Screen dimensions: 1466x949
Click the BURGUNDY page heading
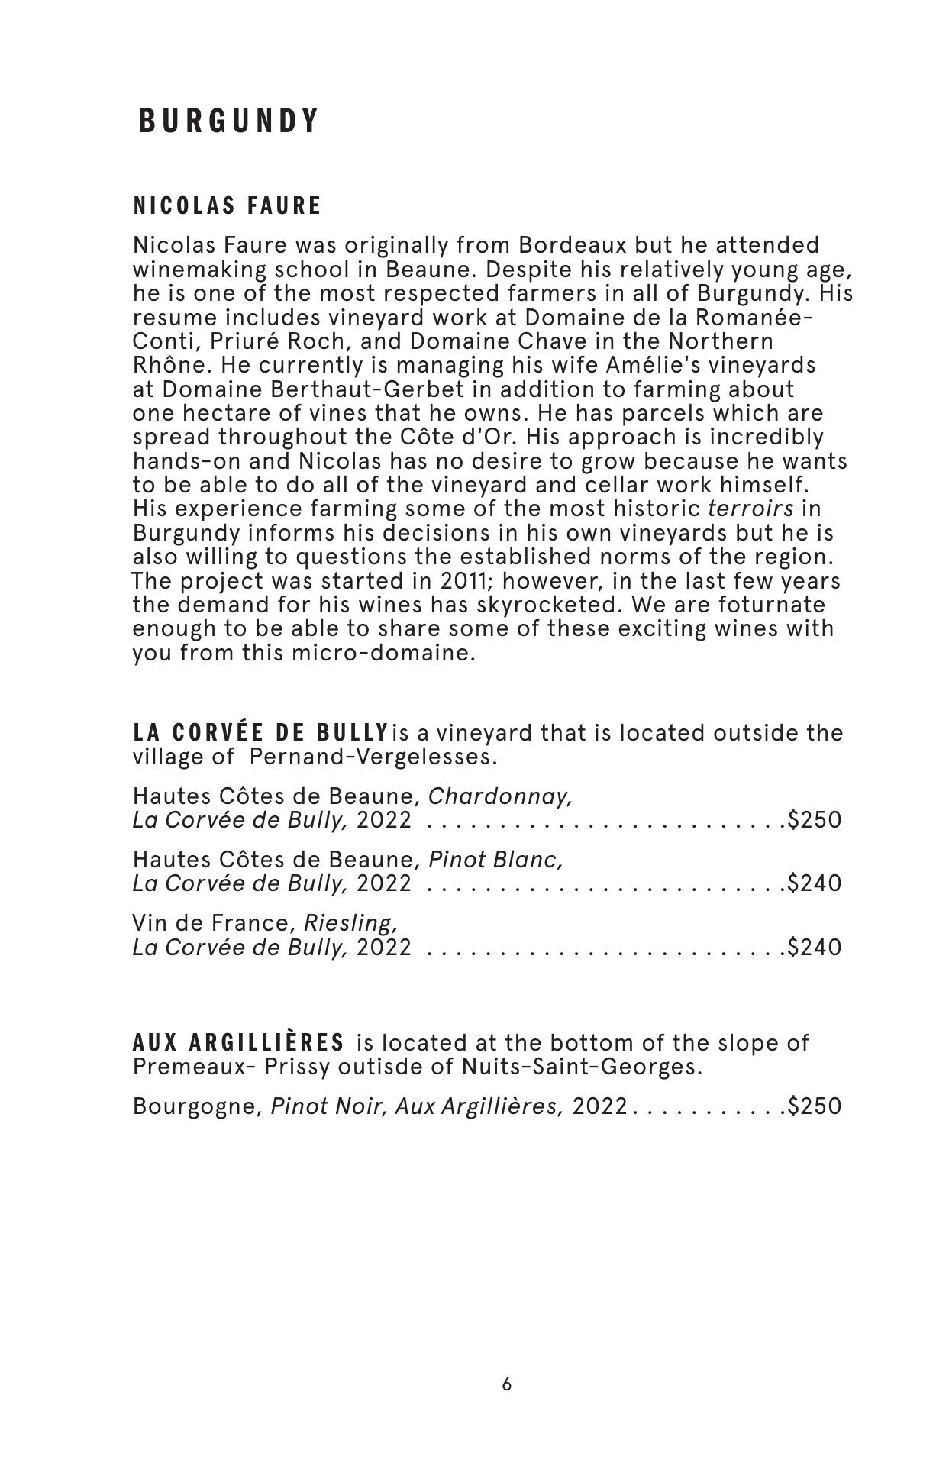coord(228,121)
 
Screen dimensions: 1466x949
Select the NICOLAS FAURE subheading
coord(228,206)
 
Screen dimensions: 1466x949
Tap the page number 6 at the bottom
coord(507,1384)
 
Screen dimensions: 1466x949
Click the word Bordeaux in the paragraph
coord(573,246)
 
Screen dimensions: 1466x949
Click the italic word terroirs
coord(750,509)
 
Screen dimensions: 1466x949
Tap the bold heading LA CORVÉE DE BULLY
coord(260,733)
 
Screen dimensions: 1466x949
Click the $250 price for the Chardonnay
coord(815,821)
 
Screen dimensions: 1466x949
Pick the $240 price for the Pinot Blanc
coord(815,884)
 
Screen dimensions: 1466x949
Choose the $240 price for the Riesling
coord(815,948)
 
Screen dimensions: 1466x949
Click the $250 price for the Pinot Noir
coord(815,1107)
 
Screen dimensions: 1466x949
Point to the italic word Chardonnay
coord(500,797)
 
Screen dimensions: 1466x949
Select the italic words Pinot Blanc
coord(495,861)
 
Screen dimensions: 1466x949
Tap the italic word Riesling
coord(351,924)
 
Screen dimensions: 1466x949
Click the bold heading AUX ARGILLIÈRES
coord(238,1043)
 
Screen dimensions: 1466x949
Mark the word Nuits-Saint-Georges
coord(581,1067)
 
